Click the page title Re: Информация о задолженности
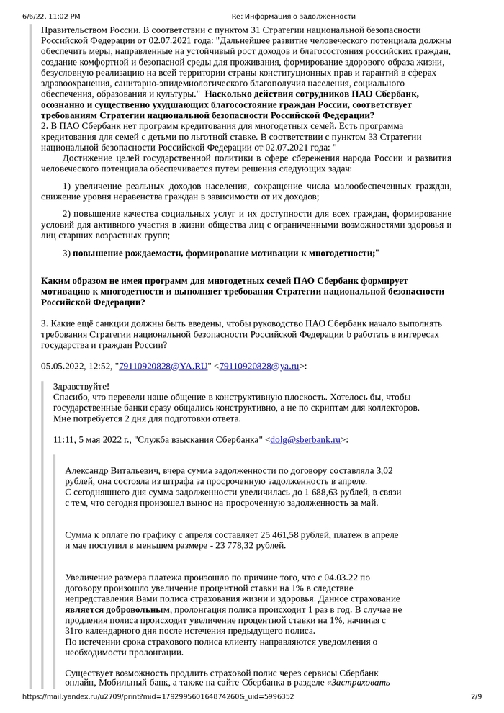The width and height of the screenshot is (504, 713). click(293, 15)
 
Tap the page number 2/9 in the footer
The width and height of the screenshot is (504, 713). click(475, 696)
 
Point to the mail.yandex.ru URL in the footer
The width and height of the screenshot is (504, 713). click(158, 696)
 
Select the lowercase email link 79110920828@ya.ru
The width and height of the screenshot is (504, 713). click(258, 367)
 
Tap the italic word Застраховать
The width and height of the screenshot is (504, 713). click(361, 683)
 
